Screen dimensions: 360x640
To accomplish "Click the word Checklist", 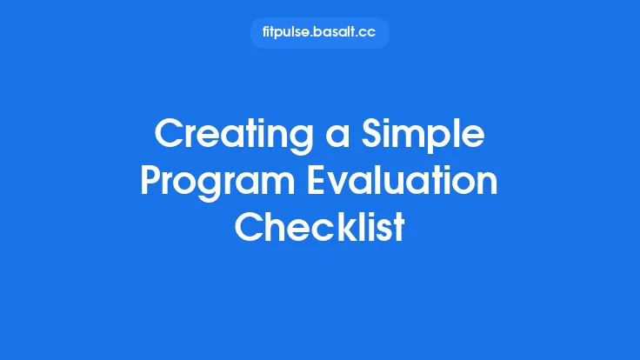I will (x=320, y=228).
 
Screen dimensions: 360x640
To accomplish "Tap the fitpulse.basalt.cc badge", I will (x=319, y=33).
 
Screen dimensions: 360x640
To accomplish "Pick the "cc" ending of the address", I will (x=370, y=33).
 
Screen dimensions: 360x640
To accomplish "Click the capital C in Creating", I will (x=170, y=136).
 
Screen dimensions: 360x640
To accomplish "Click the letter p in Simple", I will (x=443, y=139).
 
